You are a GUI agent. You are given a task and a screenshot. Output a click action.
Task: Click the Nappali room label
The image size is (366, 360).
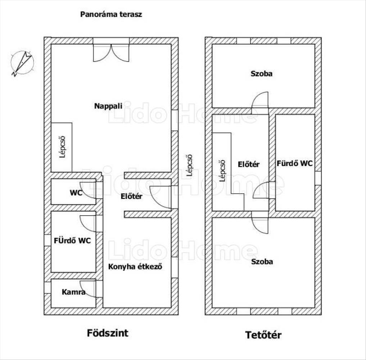pyautogui.click(x=108, y=106)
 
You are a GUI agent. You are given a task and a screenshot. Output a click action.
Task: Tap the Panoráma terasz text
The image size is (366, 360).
pyautogui.click(x=111, y=15)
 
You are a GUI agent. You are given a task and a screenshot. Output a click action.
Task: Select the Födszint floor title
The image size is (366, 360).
pyautogui.click(x=108, y=333)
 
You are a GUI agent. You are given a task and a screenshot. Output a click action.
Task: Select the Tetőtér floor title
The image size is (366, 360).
pyautogui.click(x=263, y=335)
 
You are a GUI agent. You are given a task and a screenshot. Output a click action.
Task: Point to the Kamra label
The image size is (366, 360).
pyautogui.click(x=73, y=292)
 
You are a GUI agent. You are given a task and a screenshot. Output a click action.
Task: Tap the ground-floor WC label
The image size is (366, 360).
pyautogui.click(x=76, y=193)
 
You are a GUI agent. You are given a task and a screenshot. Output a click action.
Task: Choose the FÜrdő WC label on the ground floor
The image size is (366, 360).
pyautogui.click(x=72, y=240)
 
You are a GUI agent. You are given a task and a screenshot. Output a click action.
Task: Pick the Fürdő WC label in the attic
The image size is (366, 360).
pyautogui.click(x=295, y=163)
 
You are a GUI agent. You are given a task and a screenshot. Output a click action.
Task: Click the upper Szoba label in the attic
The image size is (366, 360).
pyautogui.click(x=262, y=74)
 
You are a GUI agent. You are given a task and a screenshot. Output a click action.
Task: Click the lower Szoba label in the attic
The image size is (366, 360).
pyautogui.click(x=262, y=261)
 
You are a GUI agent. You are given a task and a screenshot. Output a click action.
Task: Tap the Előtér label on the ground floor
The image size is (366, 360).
pyautogui.click(x=131, y=197)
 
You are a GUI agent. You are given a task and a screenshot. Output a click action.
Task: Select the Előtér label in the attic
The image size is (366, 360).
pyautogui.click(x=249, y=164)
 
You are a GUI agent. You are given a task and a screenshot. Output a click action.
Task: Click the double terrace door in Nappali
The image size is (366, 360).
pyautogui.click(x=111, y=53)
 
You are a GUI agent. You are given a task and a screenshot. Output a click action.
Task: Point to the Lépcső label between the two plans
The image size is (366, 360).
pyautogui.click(x=189, y=166)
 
